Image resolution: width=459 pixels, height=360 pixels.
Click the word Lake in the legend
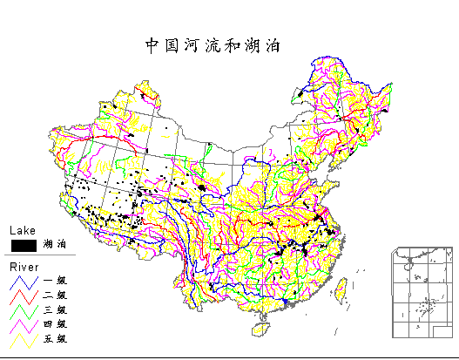tap(22, 231)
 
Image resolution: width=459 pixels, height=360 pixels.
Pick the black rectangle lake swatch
tap(23, 245)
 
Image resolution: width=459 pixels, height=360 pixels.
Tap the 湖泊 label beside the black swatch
tap(55, 246)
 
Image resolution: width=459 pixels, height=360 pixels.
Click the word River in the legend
tap(24, 266)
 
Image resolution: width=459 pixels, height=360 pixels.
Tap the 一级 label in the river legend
tap(55, 281)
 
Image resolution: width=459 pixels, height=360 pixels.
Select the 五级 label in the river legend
tap(55, 338)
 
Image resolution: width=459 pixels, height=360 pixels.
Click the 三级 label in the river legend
tap(55, 309)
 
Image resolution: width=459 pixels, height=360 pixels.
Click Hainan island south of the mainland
tap(259, 328)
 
